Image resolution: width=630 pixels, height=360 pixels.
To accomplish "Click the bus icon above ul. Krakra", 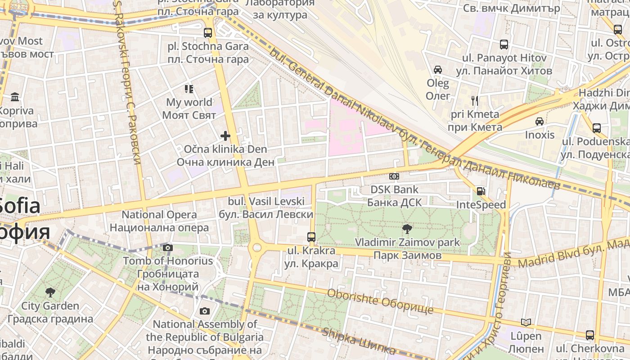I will coord(311,237).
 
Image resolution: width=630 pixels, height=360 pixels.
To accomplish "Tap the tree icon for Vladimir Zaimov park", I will coord(407,229).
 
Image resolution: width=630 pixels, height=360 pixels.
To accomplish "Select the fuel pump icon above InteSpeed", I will coord(481,191).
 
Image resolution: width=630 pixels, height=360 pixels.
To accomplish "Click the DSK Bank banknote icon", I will coord(394,176).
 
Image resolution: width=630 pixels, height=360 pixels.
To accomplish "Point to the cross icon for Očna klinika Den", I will coord(225,135).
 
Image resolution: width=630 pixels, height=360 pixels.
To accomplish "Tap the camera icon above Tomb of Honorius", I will coord(168,247).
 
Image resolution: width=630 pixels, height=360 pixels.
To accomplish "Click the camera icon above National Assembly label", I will coord(204,311).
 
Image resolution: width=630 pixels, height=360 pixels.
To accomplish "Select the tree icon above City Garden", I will coord(50,292).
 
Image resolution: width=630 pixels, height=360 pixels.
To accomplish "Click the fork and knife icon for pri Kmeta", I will coord(474,100).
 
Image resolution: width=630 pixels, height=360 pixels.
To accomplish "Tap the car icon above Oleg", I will coord(437,70).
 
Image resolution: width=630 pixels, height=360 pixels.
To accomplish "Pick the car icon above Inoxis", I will coord(539,121).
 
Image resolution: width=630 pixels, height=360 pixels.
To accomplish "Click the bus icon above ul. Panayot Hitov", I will coord(504,45).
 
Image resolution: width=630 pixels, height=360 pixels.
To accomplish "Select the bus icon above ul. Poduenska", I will coord(597,128).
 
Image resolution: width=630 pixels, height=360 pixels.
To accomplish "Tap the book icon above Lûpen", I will coord(526,322).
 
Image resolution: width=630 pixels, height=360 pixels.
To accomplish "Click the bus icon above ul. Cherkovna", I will coord(590,335).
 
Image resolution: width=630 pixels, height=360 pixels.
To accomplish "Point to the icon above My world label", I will coord(189,89).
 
